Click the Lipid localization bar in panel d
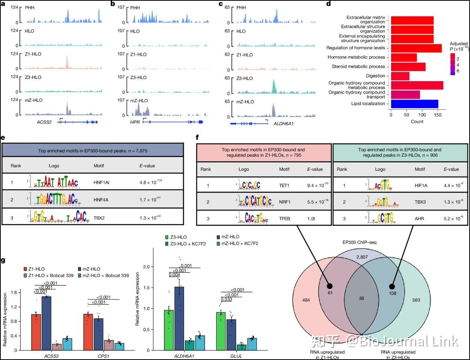point(414,104)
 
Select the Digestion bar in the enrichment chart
point(400,76)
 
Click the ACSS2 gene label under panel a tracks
point(44,123)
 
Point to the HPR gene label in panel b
point(135,123)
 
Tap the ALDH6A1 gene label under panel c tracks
point(283,123)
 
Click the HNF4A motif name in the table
point(101,200)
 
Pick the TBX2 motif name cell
point(99,218)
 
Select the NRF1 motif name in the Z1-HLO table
point(285,202)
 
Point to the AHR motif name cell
point(419,218)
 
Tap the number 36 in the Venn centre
point(362,298)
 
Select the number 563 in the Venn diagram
point(416,300)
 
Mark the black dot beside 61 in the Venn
point(329,285)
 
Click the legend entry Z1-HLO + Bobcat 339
point(49,275)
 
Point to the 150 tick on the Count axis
point(437,115)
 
